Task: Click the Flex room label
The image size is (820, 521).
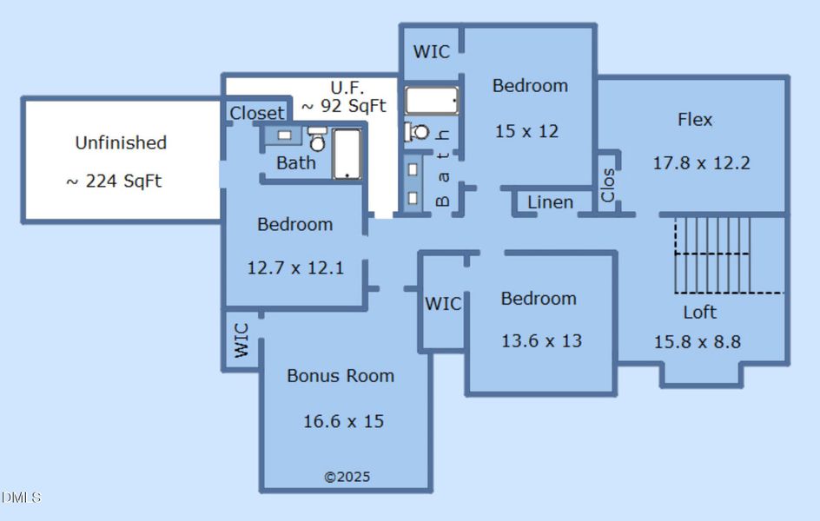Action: (695, 120)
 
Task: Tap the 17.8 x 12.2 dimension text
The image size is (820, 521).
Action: (701, 163)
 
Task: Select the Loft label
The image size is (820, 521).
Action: (700, 312)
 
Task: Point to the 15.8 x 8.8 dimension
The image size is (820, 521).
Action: (698, 342)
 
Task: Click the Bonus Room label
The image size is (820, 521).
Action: (341, 376)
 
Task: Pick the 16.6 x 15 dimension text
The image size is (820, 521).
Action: (344, 421)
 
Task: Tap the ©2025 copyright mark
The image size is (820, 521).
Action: (347, 477)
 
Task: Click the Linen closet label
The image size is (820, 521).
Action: (550, 202)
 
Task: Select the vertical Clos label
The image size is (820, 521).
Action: (608, 185)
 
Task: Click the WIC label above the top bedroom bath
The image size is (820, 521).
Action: (432, 52)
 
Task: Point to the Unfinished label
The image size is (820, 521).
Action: (121, 142)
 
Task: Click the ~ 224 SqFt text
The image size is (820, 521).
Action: (114, 181)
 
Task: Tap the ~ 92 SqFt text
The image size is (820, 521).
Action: (344, 106)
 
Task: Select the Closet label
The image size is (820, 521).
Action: (257, 113)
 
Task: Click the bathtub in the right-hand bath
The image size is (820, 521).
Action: (432, 101)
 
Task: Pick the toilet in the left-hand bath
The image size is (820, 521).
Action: (317, 138)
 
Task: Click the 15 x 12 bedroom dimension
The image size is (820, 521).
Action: (526, 131)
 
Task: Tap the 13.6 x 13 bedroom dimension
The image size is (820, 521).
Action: (541, 340)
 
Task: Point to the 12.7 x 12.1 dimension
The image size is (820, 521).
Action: (295, 268)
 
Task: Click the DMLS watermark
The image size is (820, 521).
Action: (21, 497)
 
